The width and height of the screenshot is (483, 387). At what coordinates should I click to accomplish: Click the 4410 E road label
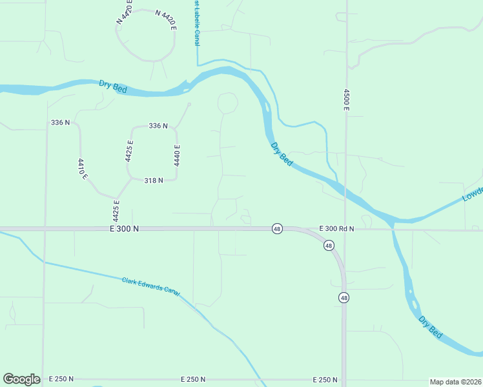82,168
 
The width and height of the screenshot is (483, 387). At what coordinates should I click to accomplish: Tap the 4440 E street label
176,155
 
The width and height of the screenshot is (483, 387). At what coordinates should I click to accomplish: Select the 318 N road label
153,181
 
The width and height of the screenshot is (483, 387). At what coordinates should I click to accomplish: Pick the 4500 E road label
346,99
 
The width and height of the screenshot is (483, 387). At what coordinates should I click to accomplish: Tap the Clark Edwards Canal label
150,287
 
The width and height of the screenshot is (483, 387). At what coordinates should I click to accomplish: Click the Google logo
21,379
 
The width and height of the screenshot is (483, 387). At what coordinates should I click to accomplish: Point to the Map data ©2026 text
455,382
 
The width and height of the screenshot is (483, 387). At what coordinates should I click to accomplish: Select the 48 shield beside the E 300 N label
276,229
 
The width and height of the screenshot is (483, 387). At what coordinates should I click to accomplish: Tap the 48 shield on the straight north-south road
344,297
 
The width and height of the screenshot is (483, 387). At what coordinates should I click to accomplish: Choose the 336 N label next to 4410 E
60,123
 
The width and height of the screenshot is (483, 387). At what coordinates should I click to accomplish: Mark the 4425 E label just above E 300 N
117,210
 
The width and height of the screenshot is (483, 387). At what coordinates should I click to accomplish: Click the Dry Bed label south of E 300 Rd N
431,327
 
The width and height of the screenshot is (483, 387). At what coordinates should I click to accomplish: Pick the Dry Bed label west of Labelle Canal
113,86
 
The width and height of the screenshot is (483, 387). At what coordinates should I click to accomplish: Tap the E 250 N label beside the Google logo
61,379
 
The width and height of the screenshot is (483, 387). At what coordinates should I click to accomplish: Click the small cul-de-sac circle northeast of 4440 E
189,104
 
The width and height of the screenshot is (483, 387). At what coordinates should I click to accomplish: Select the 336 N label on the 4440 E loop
158,126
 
